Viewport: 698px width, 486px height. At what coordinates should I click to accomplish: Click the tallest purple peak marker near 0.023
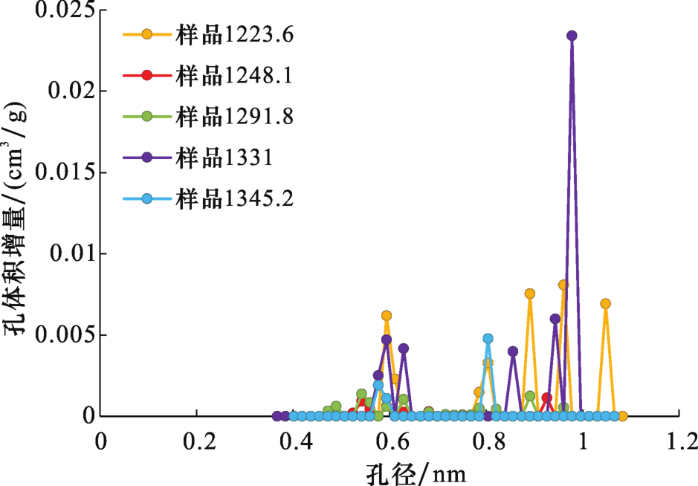pyautogui.click(x=572, y=36)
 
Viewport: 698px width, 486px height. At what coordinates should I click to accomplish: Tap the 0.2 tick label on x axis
pyautogui.click(x=196, y=441)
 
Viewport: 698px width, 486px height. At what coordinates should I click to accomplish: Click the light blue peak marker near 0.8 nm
pyautogui.click(x=488, y=339)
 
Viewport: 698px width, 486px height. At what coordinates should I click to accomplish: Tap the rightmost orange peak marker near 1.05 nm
pyautogui.click(x=606, y=303)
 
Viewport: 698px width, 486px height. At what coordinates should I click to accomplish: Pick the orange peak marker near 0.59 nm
pyautogui.click(x=387, y=316)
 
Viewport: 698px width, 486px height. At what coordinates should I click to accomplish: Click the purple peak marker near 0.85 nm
pyautogui.click(x=513, y=351)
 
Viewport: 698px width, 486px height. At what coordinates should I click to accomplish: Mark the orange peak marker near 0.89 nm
pyautogui.click(x=530, y=294)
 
